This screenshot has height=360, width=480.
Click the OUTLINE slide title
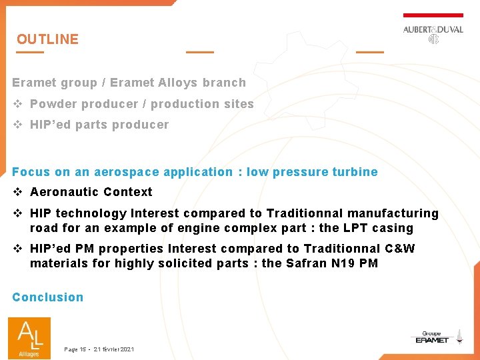point(47,39)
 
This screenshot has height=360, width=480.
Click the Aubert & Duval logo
point(433,33)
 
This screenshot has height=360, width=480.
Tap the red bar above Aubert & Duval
point(433,15)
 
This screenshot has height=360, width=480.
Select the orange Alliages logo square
point(29,337)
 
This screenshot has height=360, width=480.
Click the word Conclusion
point(48,297)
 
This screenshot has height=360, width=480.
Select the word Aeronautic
point(58,192)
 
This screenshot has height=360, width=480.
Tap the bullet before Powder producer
point(18,104)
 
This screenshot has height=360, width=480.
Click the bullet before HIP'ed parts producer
point(18,125)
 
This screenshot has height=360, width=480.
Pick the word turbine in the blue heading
point(357,172)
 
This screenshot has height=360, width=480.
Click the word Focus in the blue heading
point(31,172)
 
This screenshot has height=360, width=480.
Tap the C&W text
point(400,249)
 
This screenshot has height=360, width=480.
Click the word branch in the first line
point(225,83)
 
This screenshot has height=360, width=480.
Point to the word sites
point(239,104)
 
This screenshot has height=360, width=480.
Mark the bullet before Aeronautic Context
point(18,192)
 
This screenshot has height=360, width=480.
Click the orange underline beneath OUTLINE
point(30,52)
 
